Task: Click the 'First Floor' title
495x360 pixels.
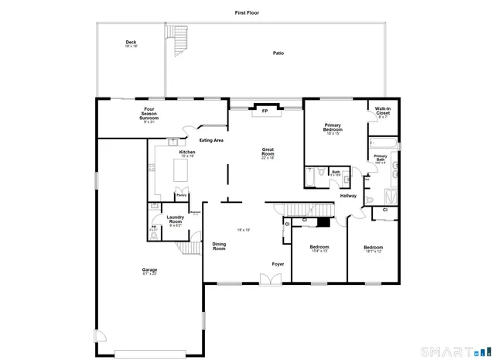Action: [x=247, y=13]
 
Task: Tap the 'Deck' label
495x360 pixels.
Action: [x=131, y=44]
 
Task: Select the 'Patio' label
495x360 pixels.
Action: [x=278, y=53]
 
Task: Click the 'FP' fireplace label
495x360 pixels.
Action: [x=265, y=111]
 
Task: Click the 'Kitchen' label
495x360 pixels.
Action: [x=187, y=153]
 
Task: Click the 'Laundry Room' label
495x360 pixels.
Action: [x=175, y=221]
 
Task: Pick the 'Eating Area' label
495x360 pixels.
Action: [x=211, y=140]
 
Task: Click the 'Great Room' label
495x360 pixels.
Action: [x=268, y=153]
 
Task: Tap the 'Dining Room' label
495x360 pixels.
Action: [x=219, y=247]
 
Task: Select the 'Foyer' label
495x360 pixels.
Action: [x=277, y=264]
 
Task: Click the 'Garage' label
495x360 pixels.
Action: [x=149, y=271]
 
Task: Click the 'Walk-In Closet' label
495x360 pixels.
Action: [x=383, y=112]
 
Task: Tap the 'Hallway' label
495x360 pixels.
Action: [x=348, y=196]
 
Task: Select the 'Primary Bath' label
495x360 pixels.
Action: [x=380, y=159]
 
